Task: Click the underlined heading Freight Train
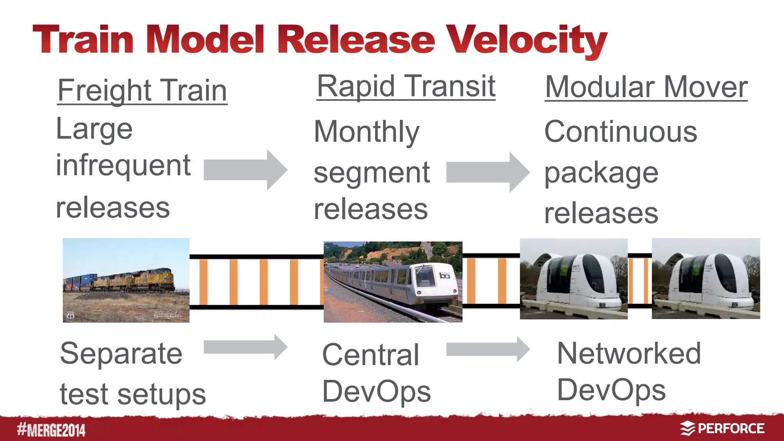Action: click(142, 91)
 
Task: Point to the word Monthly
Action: click(366, 132)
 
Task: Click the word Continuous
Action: click(621, 132)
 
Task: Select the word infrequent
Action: click(123, 165)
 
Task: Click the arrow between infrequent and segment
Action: click(245, 170)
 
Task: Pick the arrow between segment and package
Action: click(488, 172)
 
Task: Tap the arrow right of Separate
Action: click(245, 347)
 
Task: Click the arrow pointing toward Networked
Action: click(488, 349)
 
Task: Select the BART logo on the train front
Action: click(445, 275)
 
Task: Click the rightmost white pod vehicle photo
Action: click(706, 279)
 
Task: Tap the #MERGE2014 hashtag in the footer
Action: click(51, 430)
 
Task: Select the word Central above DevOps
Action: click(370, 355)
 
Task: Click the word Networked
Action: click(629, 353)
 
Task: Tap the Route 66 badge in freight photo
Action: click(70, 315)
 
